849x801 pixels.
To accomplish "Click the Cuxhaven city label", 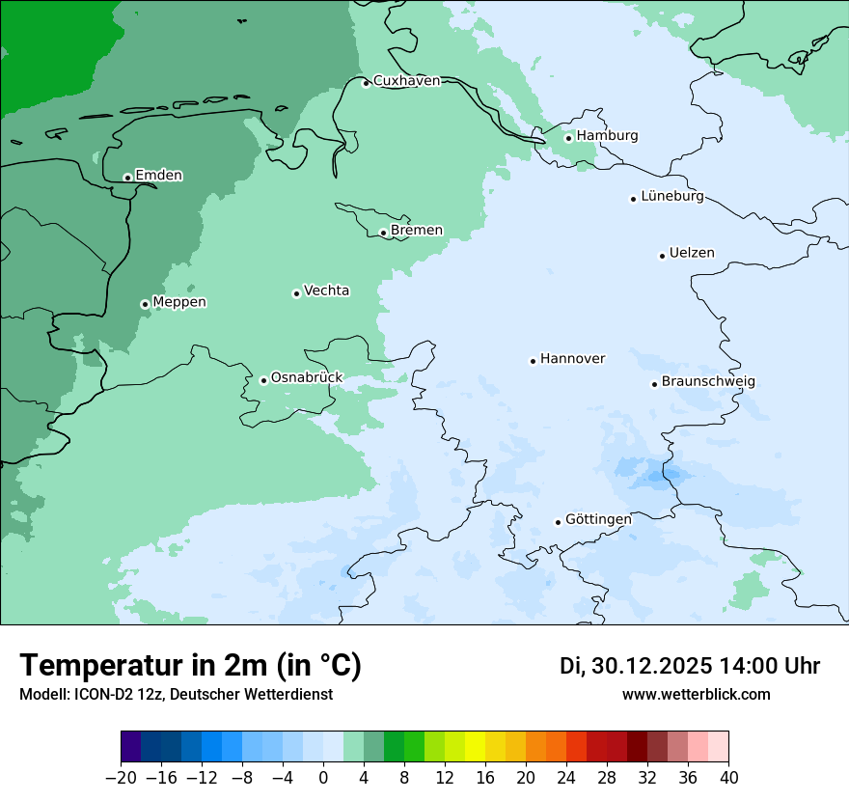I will click(406, 81).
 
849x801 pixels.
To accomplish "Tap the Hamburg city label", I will click(607, 136).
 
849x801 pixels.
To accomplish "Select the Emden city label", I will click(158, 176).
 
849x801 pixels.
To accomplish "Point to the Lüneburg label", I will click(671, 197).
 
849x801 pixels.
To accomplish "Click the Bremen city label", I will click(417, 231).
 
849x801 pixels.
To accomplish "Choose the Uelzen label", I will click(692, 254).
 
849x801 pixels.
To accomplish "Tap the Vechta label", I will click(326, 291).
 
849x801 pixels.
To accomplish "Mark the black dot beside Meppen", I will click(145, 304).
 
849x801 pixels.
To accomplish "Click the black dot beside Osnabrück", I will click(263, 380).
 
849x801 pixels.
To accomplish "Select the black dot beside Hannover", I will click(533, 361).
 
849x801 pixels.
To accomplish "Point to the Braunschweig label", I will click(708, 382).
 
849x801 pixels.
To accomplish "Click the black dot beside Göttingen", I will click(558, 522).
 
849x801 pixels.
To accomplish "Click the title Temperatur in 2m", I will click(190, 666).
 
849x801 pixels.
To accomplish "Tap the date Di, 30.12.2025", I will click(635, 666).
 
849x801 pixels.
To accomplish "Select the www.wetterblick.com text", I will click(696, 695).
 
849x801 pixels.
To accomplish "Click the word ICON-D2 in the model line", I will click(101, 695).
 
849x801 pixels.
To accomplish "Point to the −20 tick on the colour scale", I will click(122, 778).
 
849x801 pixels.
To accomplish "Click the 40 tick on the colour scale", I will click(728, 778).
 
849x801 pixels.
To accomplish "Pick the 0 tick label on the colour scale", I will click(323, 778).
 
